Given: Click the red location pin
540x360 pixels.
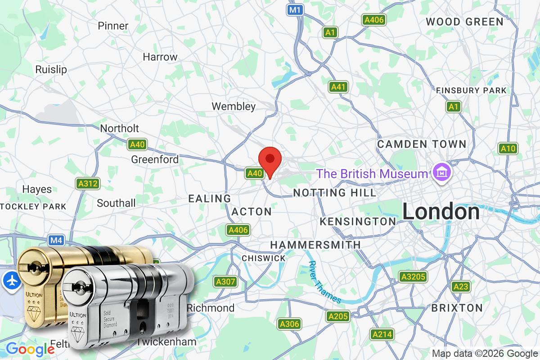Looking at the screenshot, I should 270,160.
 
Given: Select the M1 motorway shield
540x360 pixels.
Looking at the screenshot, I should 295,9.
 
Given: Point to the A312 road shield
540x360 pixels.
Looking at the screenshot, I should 87,184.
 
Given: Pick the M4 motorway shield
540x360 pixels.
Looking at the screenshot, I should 56,240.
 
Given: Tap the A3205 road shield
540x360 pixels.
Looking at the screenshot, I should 413,276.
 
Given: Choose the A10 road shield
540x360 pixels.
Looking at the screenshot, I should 508,148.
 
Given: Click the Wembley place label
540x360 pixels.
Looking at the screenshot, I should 234,107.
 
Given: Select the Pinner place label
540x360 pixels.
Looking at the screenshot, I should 113,26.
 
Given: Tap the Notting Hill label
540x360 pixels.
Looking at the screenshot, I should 334,193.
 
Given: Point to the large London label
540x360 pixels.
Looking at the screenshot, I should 441,212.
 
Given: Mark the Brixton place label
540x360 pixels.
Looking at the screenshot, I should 457,308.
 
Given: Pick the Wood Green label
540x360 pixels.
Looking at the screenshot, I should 464,22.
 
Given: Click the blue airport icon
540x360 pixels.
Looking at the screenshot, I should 10,280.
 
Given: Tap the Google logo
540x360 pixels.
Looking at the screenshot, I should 30,349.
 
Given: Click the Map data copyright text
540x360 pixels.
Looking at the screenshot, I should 485,353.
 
